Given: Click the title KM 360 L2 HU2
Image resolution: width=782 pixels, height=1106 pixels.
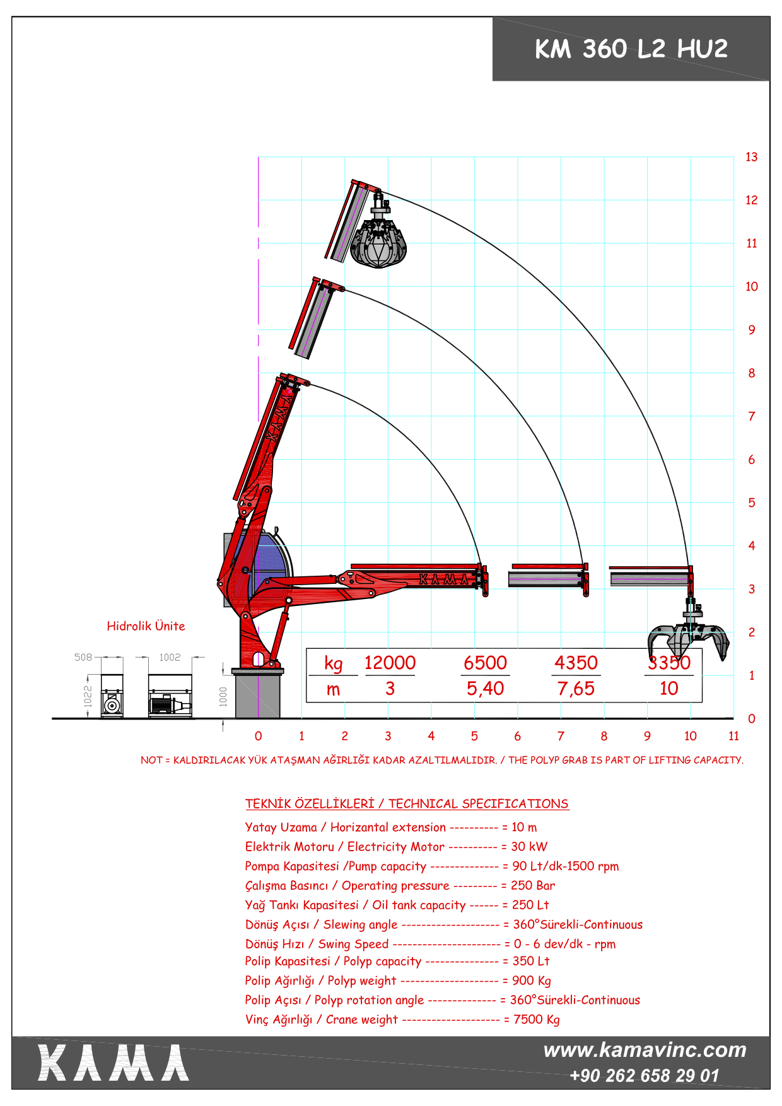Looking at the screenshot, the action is tap(631, 49).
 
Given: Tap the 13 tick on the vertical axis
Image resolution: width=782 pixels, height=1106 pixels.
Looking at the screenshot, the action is tap(751, 157).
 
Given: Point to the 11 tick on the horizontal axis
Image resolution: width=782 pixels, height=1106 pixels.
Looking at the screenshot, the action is tap(733, 736).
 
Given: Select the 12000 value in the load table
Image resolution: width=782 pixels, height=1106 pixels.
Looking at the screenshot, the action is tap(390, 663).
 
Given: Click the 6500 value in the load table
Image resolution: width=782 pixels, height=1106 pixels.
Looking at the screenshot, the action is tap(485, 663).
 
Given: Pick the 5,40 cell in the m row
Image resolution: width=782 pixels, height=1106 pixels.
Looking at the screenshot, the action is tap(485, 689).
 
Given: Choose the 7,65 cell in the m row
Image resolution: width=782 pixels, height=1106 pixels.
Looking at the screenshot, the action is tap(576, 689).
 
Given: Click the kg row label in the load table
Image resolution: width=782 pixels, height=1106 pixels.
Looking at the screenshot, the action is tap(333, 664).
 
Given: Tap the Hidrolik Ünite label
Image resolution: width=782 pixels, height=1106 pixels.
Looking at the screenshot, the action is tap(146, 626).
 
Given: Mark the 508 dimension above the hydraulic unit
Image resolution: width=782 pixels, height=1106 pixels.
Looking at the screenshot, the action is tap(83, 657).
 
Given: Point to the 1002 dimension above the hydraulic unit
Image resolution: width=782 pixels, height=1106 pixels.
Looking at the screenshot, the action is tap(170, 657).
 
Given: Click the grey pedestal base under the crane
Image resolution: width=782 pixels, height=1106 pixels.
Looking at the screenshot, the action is tap(258, 696).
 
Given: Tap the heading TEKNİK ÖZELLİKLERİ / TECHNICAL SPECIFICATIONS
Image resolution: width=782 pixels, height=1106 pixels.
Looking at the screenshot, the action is tap(407, 804).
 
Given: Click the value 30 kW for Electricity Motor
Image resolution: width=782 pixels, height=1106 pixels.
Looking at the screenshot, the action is tap(529, 847).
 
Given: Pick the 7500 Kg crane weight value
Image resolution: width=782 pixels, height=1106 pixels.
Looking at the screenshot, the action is tap(536, 1020).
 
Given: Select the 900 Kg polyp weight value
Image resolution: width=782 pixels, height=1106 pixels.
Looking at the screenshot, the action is tap(531, 981).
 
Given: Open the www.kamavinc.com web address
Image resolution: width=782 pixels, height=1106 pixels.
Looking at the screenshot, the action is tap(645, 1050).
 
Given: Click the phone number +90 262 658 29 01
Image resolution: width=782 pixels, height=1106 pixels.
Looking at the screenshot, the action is tap(644, 1076).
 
